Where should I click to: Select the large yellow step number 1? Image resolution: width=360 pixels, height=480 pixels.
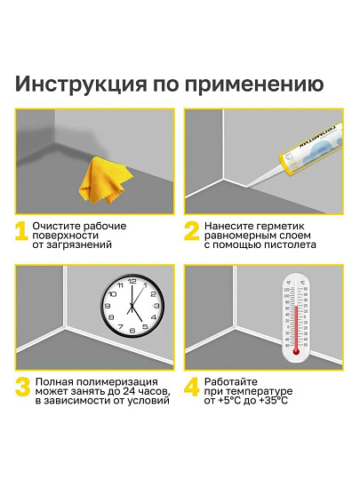click(21, 234)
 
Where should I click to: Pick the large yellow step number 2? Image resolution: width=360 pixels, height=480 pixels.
click(191, 234)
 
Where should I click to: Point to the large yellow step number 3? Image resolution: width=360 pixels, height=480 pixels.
click(22, 389)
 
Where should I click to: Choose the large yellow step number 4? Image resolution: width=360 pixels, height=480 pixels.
click(191, 389)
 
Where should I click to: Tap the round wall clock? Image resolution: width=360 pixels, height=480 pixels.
click(130, 308)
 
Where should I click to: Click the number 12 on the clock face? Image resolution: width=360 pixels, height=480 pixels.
click(130, 284)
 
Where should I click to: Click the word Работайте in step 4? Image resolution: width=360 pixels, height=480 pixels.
click(231, 380)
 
